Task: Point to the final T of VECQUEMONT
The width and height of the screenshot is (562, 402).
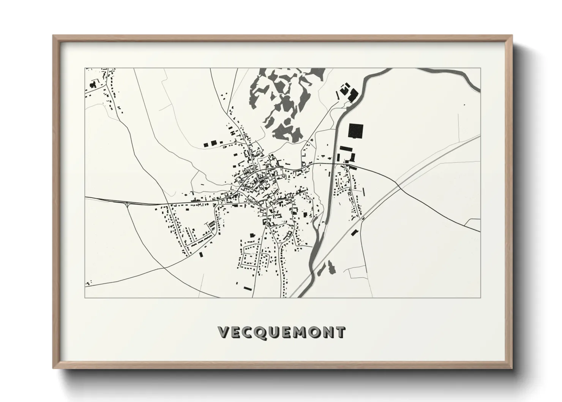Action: point(340,332)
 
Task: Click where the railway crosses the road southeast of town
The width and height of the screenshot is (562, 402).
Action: point(362,218)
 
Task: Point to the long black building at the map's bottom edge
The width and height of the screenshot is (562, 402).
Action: point(248,289)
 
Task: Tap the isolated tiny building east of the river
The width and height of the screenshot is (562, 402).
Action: point(464,104)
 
